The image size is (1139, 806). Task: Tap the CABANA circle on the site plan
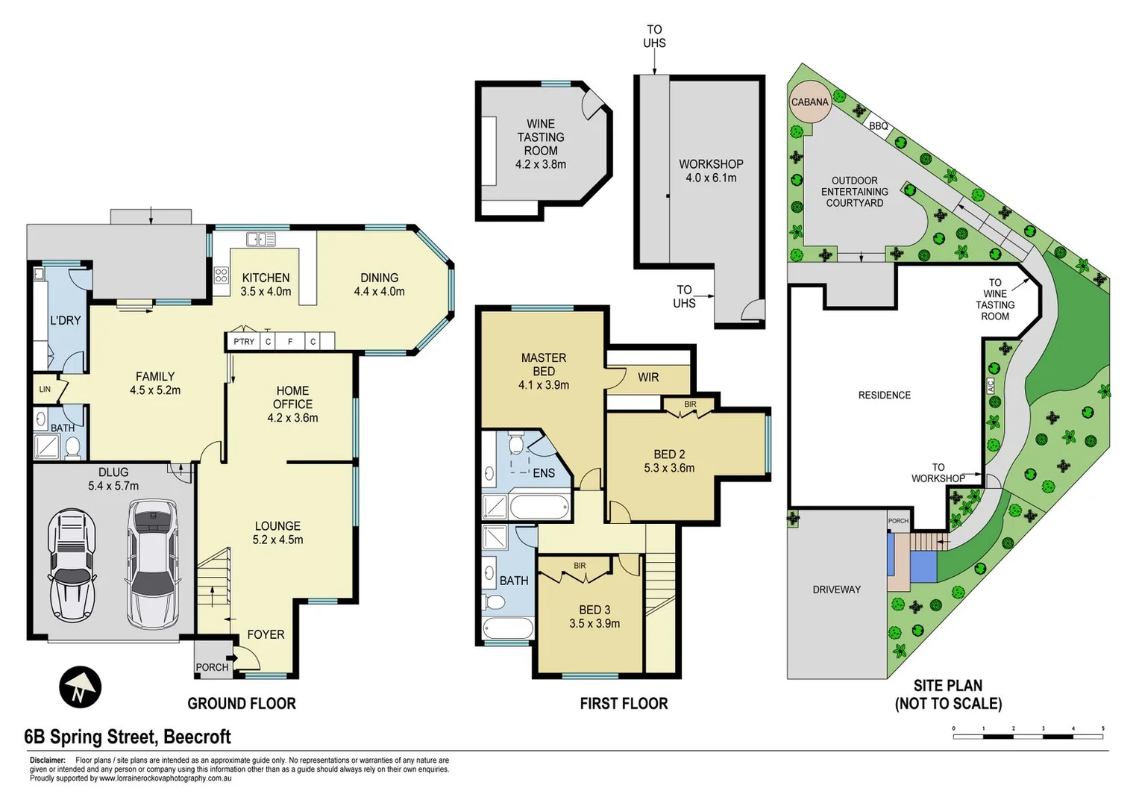tap(809, 102)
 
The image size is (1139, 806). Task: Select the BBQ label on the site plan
tap(878, 126)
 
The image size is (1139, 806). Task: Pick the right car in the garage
tap(153, 563)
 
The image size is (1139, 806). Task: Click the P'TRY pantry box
tap(243, 342)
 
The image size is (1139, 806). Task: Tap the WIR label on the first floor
tap(647, 378)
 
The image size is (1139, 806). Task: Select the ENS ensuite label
tap(543, 473)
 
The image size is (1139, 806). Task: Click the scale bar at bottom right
tap(1028, 736)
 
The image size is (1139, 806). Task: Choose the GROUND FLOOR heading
tap(241, 704)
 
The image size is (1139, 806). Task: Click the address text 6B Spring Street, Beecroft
tap(128, 737)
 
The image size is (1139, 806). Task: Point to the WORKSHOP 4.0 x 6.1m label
tap(711, 171)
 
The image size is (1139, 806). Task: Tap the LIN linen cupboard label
tap(45, 390)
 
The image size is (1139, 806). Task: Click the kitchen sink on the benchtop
tap(261, 240)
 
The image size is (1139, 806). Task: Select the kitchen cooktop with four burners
tap(221, 275)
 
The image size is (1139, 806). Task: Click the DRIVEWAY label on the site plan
tap(836, 590)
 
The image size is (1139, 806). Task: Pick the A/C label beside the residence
tap(991, 386)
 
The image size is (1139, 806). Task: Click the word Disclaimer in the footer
tap(48, 760)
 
